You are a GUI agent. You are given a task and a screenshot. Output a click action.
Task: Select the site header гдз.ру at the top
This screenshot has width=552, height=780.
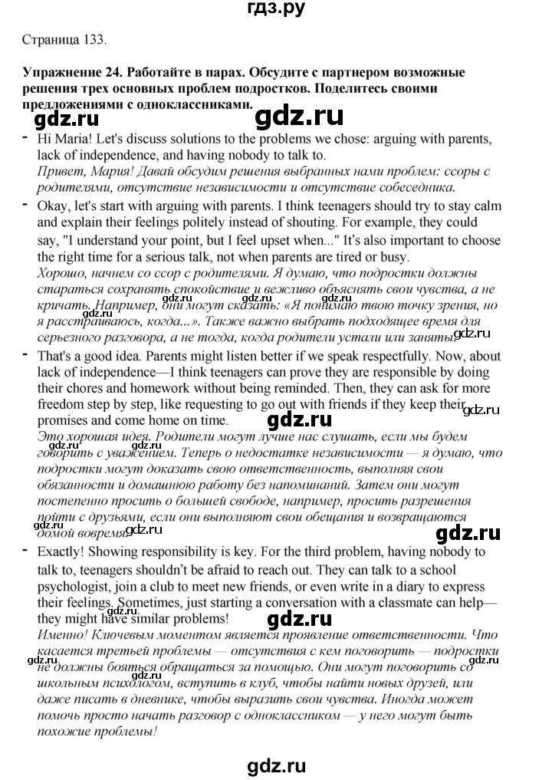[x=275, y=10]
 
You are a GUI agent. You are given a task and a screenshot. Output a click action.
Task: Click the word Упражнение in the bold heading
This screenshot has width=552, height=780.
[x=58, y=74]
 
